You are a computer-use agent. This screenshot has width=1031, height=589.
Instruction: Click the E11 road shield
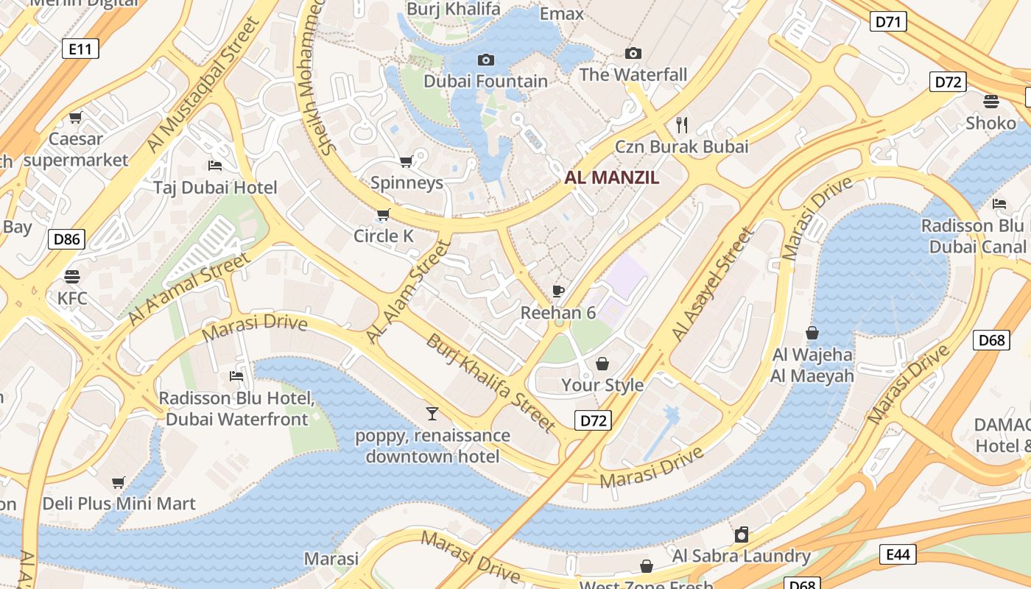coord(80,49)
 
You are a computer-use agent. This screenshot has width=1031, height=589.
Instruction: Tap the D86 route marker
coord(66,239)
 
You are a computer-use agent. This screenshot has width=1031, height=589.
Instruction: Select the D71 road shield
coord(888,22)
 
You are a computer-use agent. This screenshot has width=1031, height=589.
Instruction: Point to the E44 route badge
coord(898,554)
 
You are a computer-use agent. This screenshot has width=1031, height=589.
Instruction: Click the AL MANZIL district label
coord(611,177)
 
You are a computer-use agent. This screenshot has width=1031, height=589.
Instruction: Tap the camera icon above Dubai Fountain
coord(486,60)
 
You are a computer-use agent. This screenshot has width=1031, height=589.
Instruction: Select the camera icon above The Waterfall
coord(633,53)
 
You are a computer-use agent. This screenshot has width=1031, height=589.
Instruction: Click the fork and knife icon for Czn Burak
coord(681,124)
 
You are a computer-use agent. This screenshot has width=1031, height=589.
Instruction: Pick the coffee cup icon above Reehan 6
coord(558,291)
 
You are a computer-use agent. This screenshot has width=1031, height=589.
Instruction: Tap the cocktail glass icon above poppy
coord(432,414)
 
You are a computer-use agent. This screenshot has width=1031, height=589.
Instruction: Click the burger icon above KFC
coord(72,277)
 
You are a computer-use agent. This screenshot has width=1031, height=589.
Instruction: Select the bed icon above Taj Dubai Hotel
coord(215,165)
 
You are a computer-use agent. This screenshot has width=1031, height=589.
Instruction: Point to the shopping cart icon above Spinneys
coord(406,161)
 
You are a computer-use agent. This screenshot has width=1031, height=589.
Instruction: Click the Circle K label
coord(384,236)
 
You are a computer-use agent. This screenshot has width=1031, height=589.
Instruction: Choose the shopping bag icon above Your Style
coord(602,363)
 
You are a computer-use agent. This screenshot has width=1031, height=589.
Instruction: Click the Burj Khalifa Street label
coord(490,383)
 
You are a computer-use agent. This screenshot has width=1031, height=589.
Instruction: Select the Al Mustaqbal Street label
coord(203,85)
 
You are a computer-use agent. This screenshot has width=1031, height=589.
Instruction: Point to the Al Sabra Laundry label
coord(741,556)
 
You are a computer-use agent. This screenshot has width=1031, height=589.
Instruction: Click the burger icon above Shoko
coord(991,101)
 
